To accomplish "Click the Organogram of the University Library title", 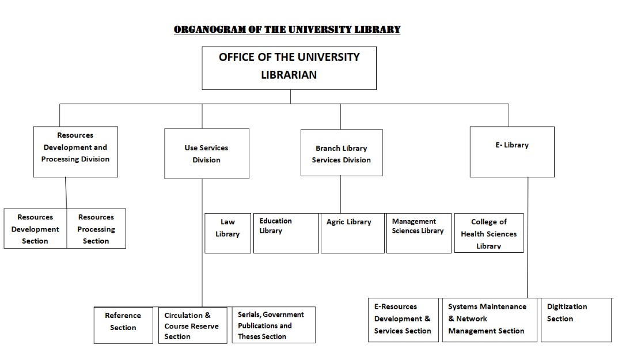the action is point(287,30).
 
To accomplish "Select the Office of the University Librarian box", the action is point(289,68).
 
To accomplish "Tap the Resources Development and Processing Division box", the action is point(75,151).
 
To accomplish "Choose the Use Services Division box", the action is point(207,154).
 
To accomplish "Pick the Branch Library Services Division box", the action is point(342,153).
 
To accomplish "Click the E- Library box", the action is point(512,151).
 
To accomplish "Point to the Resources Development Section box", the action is point(35,229).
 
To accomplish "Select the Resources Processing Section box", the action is point(96,229).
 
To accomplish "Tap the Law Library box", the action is point(227,233).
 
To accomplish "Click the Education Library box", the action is point(286,233).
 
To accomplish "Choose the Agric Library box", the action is point(352,233).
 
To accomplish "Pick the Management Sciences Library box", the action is point(419,233).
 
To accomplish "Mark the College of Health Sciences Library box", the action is point(489,233).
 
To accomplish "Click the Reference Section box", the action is point(123,325).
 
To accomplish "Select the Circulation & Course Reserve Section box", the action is point(193,325).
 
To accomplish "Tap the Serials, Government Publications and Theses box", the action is point(274,325).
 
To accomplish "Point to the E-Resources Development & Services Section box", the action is point(403,320).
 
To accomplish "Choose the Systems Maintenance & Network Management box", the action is point(490,320).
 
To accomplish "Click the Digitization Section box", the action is point(577,320).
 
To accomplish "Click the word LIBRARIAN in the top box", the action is point(289,75).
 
